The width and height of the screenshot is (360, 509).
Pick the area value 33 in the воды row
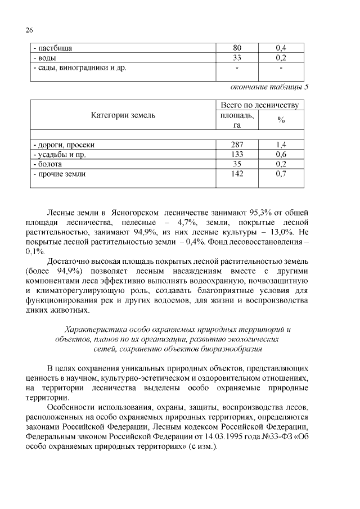237,58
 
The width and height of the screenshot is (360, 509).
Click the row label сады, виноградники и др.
79,68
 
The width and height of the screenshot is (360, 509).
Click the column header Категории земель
123,115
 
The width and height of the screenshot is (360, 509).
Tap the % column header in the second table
281,120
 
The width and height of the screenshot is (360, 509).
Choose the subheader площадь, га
237,120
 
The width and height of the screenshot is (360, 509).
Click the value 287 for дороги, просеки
237,145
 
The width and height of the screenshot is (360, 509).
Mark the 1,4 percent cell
281,145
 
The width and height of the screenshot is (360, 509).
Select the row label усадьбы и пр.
59,154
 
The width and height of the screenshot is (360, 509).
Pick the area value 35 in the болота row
237,164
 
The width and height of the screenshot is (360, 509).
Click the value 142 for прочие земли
237,174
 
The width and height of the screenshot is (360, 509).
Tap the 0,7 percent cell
281,174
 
